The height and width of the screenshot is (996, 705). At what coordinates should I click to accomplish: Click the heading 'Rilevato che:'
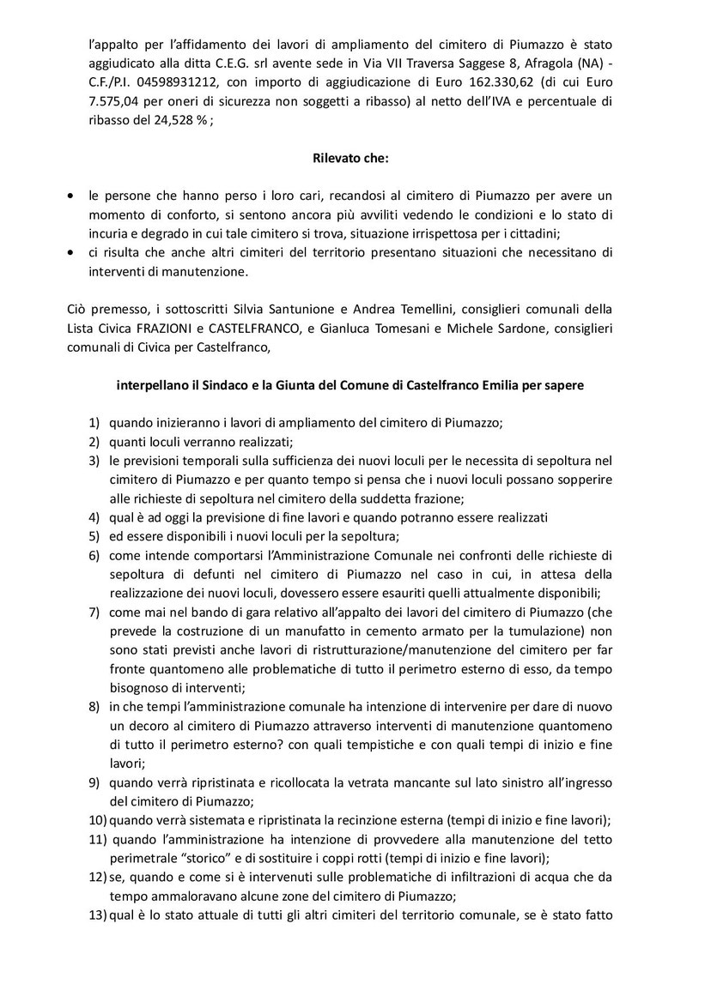pos(352,157)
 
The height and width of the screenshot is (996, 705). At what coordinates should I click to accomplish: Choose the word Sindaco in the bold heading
pos(217,385)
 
